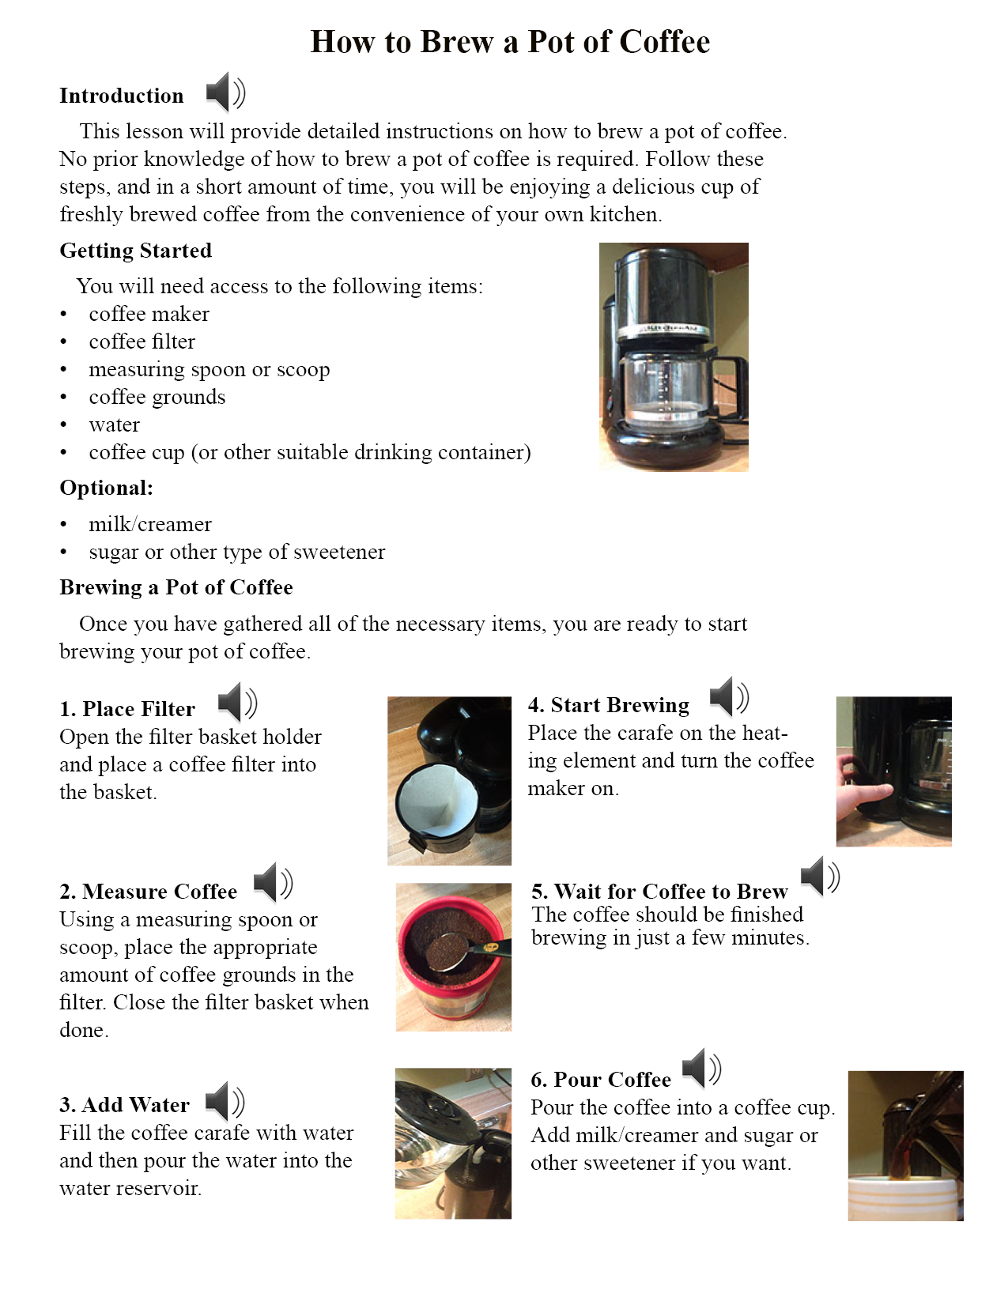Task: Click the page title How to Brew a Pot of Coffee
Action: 510,42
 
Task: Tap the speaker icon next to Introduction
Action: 225,93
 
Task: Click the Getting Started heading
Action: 136,251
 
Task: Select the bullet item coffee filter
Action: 142,341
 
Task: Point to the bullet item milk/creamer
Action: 149,524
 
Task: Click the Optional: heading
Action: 107,488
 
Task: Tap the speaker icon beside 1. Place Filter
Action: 237,702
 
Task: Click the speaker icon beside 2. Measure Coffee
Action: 273,883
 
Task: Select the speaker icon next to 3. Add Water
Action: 225,1102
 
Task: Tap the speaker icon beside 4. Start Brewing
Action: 728,697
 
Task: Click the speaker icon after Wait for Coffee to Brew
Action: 819,876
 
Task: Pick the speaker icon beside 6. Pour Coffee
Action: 701,1069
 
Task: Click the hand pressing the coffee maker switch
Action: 862,790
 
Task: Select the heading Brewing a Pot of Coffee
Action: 176,587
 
